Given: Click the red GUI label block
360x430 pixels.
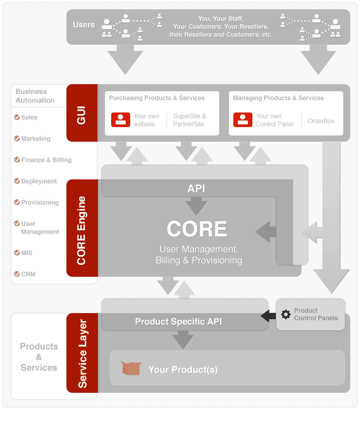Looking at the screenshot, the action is pos(82,113).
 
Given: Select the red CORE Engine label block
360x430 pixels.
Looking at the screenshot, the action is pos(82,228).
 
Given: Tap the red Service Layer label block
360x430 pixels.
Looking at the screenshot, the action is pos(82,353).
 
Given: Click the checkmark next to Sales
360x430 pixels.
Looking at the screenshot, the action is pos(17,117).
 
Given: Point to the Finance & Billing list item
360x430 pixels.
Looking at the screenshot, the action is pos(43,160).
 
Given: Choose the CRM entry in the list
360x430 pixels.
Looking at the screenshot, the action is pos(25,274).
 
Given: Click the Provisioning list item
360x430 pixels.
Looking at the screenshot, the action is pos(36,202).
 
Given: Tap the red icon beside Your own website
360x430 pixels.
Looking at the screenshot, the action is pos(120,120).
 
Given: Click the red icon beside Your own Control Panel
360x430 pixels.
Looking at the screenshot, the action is pos(243,120).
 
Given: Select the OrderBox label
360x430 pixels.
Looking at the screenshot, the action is pos(321,121).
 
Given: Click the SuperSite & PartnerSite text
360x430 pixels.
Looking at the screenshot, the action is pos(190,120).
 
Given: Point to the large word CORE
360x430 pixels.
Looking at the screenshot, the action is pos(197,229).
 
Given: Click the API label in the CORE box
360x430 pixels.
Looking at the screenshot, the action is pos(196,189).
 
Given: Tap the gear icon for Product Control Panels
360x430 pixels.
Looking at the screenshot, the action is pos(286,314).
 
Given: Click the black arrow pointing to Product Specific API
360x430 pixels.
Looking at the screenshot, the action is pos(268,316).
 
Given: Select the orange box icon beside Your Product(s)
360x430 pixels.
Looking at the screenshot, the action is pos(131,368).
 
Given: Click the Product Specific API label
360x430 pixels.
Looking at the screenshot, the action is pos(178,322).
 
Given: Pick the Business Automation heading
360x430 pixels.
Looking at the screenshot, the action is pos(35,96).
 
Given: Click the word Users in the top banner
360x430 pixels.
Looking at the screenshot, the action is pos(84,25).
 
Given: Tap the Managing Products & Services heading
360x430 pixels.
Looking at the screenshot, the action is pos(278,98).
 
